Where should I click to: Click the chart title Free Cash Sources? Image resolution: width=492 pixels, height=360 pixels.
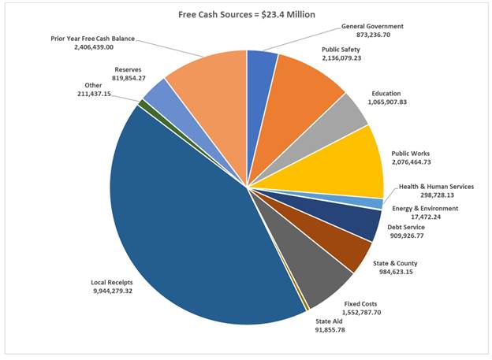[246, 13]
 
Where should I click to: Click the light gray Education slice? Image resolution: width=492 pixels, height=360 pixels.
[347, 116]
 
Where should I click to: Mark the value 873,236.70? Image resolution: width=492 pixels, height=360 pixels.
[374, 35]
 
